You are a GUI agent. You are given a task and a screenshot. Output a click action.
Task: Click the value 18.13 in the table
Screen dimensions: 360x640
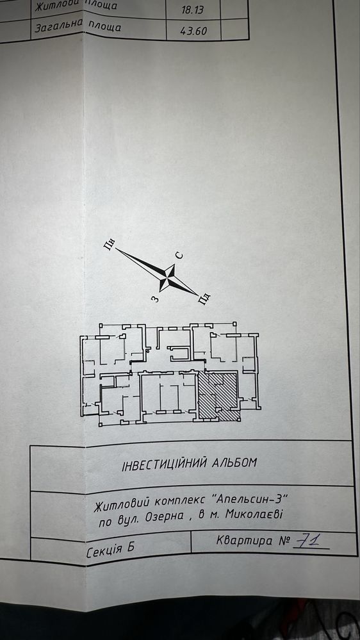tap(193, 10)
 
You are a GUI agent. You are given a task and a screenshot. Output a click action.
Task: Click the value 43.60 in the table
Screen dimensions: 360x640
tap(194, 30)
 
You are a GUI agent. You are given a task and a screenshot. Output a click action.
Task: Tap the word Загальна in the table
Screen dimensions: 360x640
tap(59, 26)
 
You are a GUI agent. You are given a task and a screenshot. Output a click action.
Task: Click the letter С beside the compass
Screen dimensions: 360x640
tap(179, 256)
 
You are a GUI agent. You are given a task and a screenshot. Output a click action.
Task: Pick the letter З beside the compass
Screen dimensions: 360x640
tap(154, 299)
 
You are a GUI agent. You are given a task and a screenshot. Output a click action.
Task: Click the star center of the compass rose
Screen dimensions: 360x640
tap(167, 277)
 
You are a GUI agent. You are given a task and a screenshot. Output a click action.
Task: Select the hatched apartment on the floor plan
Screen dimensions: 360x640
tap(218, 396)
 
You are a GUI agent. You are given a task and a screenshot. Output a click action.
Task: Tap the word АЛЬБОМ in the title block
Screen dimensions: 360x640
tap(234, 463)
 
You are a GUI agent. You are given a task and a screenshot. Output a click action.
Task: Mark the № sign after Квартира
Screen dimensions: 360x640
tap(284, 541)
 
